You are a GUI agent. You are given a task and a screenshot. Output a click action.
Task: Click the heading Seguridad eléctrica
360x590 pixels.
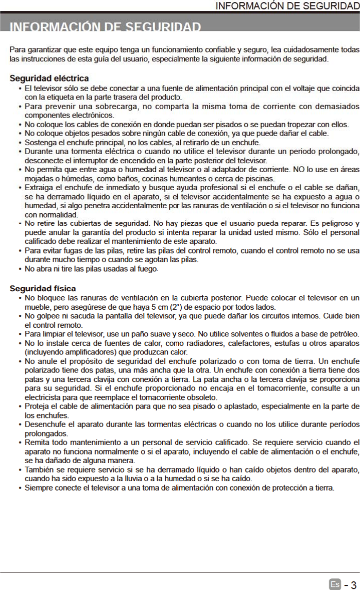pos(49,78)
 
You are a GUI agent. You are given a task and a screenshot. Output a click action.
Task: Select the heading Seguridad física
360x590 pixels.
pos(43,288)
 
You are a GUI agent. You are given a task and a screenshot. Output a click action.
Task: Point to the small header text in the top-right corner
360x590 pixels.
pos(286,6)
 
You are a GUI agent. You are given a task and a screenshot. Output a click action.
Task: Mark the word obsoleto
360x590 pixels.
pos(202,397)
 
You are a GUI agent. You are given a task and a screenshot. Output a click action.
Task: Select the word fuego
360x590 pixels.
pos(148,269)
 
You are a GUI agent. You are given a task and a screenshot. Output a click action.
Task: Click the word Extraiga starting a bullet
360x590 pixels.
pos(39,187)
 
